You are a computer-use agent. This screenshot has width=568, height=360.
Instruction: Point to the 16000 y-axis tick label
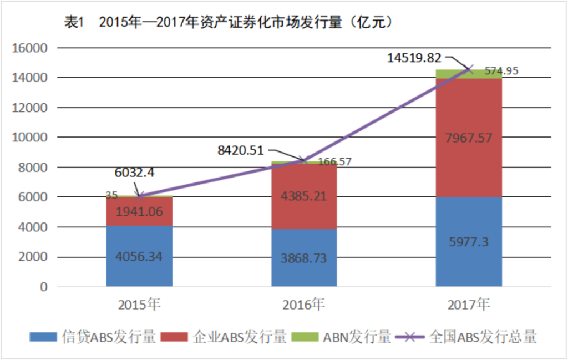point(30,48)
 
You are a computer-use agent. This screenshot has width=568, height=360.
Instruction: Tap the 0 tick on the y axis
point(43,287)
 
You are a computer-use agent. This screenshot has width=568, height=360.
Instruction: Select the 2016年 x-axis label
point(303,304)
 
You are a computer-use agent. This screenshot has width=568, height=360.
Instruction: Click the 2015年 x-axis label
point(139,304)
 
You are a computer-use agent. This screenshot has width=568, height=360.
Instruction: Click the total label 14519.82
point(415,57)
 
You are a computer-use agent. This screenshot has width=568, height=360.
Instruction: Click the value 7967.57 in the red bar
point(469,138)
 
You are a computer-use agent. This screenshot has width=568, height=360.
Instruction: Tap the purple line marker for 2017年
point(470,69)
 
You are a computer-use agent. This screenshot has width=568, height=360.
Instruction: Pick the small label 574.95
point(501,71)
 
